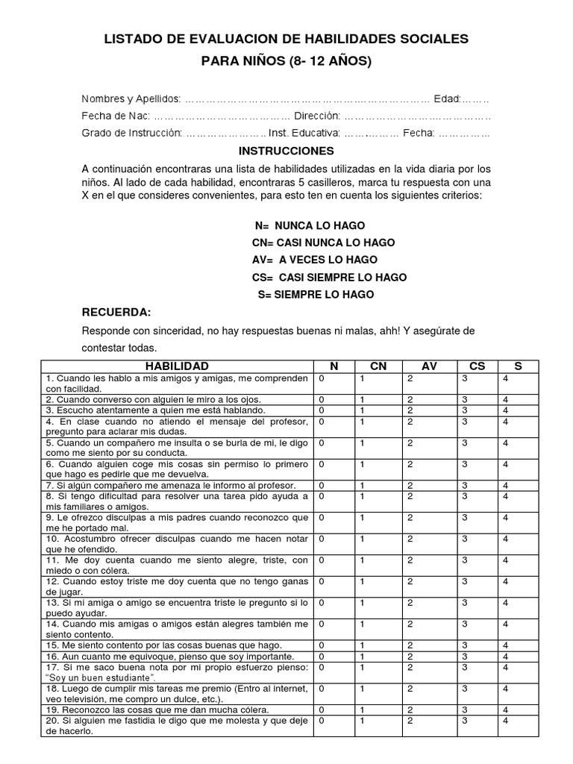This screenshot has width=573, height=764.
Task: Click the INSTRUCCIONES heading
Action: coord(286,151)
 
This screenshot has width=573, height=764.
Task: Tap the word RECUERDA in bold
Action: coord(116,312)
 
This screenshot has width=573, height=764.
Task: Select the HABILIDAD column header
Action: coord(177,366)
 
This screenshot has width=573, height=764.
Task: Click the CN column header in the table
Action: coord(378,366)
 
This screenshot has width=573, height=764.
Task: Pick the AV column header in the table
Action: coord(429,366)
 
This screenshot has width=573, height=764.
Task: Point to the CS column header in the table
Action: coord(477,366)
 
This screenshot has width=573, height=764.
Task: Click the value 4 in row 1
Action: coord(506,378)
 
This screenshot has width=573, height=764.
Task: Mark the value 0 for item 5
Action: coord(322,443)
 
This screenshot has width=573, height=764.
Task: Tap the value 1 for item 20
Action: coord(363,721)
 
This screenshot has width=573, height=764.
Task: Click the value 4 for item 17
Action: coord(506,667)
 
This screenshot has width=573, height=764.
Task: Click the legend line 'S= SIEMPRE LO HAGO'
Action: coord(316,295)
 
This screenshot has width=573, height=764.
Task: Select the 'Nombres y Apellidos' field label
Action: coord(131,99)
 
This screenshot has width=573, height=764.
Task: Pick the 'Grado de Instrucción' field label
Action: coord(132,133)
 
